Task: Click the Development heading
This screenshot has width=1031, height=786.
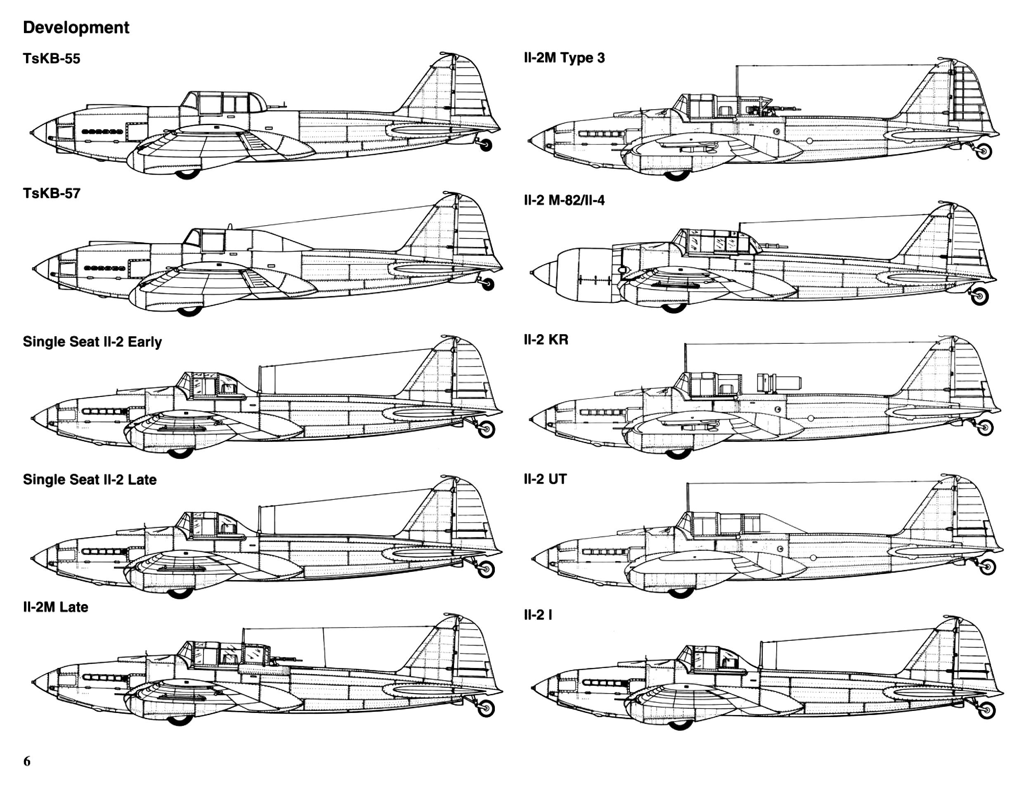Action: [76, 28]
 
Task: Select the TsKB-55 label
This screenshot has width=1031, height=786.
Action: [52, 59]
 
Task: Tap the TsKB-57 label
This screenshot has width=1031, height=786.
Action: [52, 193]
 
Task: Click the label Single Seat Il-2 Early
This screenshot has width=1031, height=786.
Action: [92, 342]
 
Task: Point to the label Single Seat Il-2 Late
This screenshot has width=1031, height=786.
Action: [90, 479]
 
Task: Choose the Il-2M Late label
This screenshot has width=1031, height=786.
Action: [55, 607]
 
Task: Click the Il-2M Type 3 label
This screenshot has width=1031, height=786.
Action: [564, 58]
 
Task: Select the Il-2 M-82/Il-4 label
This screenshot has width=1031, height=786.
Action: [564, 201]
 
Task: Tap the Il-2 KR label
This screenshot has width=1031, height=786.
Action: [546, 339]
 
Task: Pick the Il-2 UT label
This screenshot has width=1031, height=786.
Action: [545, 479]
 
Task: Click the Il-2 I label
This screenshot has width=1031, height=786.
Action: [538, 615]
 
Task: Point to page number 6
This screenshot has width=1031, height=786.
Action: [27, 761]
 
